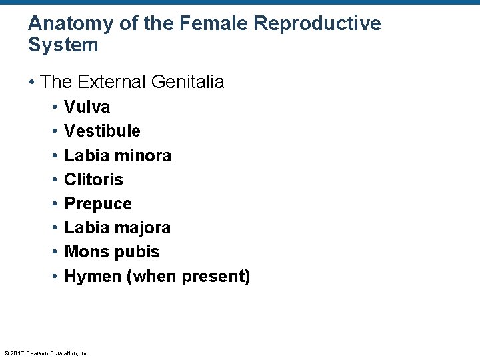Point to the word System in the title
tap(63, 45)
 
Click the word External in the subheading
tap(111, 82)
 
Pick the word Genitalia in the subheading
tap(188, 82)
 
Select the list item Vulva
tap(87, 107)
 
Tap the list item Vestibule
tap(102, 131)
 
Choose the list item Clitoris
tap(93, 179)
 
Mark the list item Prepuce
tap(97, 203)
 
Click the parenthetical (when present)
tap(188, 276)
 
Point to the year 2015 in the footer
tap(17, 353)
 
